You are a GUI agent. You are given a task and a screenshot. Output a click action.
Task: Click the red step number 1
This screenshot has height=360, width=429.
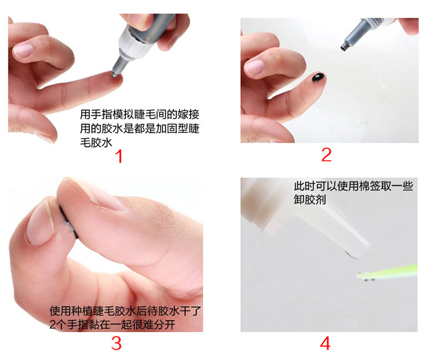coord(119,156)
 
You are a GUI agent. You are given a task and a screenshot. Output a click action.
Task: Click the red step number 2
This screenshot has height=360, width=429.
coord(327,155)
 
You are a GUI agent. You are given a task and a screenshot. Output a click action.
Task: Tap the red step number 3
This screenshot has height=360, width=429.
coord(116,343)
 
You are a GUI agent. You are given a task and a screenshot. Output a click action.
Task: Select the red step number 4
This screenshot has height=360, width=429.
coord(325,343)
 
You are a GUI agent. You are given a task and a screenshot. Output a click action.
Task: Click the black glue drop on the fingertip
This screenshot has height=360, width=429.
coord(319,77)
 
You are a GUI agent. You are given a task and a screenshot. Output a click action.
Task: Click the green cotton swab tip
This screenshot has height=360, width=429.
coord(366,276)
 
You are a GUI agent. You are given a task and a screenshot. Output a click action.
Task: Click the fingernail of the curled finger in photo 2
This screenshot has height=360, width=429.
coord(255,67)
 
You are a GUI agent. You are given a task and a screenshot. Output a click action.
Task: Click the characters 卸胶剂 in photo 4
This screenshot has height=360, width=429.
coord(310,200)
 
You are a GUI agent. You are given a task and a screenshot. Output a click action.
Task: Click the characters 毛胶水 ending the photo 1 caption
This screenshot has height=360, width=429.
coord(96,143)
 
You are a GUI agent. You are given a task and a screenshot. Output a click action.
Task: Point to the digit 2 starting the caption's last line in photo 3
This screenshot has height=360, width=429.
coord(52,325)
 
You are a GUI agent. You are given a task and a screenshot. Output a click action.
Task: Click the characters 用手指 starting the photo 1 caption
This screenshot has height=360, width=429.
coord(96,114)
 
